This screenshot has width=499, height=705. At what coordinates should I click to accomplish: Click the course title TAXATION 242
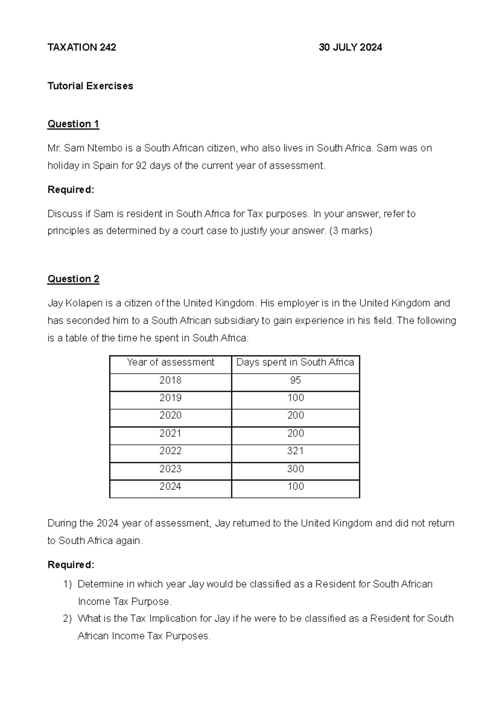coord(82,47)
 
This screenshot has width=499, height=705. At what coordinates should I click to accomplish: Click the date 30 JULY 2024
coord(350,47)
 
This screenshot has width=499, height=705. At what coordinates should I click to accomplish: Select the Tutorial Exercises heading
coord(90,86)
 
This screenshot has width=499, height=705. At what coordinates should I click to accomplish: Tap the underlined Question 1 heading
coord(73,124)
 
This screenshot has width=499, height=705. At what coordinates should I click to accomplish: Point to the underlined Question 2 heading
coord(73,279)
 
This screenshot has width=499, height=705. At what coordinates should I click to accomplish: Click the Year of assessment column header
coord(170,362)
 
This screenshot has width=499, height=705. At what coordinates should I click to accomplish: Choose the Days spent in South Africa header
coord(295,362)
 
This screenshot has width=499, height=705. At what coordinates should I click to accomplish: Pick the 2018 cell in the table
coord(170,380)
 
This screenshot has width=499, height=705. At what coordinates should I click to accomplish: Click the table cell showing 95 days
coord(295,380)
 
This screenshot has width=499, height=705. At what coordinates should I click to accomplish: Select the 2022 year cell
coord(170,451)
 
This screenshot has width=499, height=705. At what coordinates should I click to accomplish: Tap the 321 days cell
coord(295,451)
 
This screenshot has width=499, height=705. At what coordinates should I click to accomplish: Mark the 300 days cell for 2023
coord(295,469)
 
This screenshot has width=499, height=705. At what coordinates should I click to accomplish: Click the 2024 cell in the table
coord(170,486)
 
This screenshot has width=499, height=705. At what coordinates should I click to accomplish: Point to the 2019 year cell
coord(170,398)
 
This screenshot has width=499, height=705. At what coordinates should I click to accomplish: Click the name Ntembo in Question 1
coord(104,148)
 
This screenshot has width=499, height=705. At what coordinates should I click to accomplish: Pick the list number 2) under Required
coord(67,619)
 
